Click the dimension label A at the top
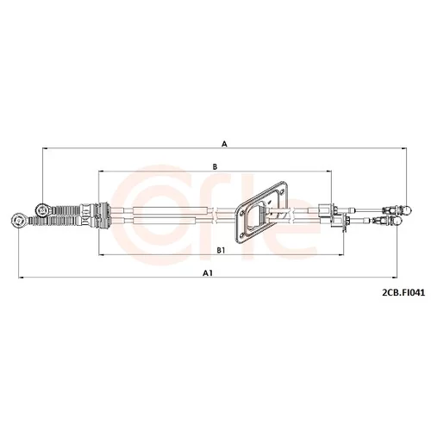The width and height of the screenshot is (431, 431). pyautogui.click(x=224, y=144)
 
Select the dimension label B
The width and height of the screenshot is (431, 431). pyautogui.click(x=215, y=166)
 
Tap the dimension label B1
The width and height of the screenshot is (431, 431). pyautogui.click(x=221, y=251)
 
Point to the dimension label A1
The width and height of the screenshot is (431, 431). pyautogui.click(x=208, y=273)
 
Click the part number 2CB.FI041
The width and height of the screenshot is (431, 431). pyautogui.click(x=403, y=293)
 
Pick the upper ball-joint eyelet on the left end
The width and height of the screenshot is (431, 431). pyautogui.click(x=42, y=209)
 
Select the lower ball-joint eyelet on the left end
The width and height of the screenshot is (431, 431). pyautogui.click(x=18, y=221)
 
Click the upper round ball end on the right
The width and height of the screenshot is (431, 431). pyautogui.click(x=407, y=209)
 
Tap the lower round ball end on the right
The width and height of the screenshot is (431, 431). pyautogui.click(x=397, y=221)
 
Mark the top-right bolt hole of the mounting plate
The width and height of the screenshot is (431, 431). pyautogui.click(x=282, y=192)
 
